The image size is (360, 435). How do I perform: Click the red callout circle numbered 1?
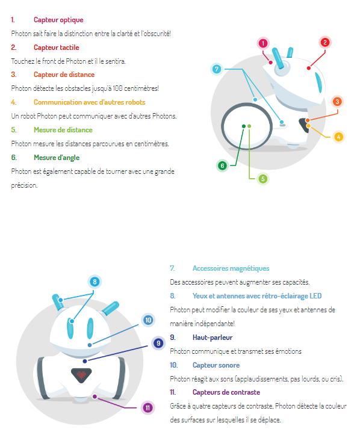(263, 43)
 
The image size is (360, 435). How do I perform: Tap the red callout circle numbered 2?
(324, 43)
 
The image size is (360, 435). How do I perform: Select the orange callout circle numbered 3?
(337, 102)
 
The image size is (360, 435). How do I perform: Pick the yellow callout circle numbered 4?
(338, 137)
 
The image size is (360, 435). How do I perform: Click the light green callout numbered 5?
(263, 179)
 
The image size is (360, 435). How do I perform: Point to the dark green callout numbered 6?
(222, 166)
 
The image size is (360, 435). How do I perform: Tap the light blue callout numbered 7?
(217, 69)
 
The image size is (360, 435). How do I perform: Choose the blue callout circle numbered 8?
(95, 282)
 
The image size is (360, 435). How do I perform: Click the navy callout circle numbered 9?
(158, 343)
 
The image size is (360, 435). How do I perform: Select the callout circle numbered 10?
(148, 320)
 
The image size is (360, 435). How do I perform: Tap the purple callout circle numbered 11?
(147, 407)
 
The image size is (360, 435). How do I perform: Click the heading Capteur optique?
(58, 20)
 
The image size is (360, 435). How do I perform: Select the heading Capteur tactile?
(57, 48)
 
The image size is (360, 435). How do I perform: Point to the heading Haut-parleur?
(213, 338)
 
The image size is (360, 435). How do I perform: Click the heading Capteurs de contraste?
(226, 392)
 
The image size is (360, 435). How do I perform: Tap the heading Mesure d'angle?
(57, 158)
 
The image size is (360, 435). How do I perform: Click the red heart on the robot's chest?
(81, 375)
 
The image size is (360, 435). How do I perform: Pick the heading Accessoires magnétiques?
(231, 268)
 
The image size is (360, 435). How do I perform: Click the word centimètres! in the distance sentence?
(141, 88)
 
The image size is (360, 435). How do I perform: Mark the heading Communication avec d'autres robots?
(89, 102)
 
